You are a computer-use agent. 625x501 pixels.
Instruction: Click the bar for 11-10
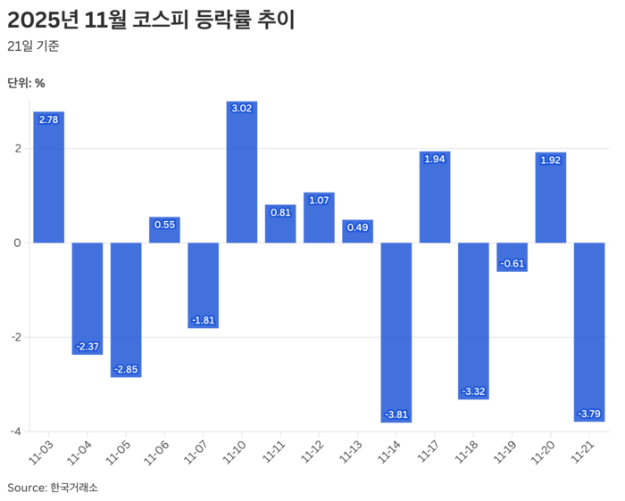(242, 172)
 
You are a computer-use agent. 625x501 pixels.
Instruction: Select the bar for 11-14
(396, 332)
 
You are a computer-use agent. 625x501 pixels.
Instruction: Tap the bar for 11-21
(589, 331)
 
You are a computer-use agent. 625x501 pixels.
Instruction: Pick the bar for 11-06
(164, 230)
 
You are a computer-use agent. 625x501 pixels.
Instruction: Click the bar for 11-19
(512, 257)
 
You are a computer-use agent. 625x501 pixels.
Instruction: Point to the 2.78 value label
(49, 119)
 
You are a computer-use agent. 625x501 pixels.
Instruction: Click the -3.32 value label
(473, 391)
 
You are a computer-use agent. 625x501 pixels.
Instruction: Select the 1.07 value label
(319, 200)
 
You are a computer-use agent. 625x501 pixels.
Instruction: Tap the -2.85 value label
(126, 369)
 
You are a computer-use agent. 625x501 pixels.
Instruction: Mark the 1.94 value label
(435, 159)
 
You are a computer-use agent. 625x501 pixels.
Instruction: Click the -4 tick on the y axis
(15, 431)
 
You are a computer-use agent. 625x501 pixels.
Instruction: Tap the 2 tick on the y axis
(17, 149)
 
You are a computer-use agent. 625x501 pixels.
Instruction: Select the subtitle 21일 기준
(33, 46)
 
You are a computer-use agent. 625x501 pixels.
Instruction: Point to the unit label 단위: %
(26, 83)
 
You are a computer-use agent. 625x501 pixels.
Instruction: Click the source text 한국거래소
(74, 488)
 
